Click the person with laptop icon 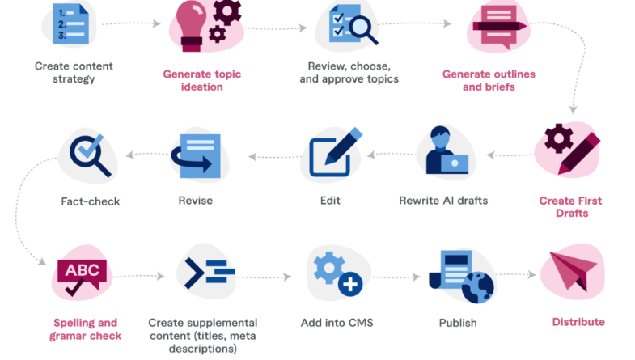point(444,151)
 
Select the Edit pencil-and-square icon point(332,153)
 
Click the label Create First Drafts point(570,206)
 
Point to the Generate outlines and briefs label point(489,80)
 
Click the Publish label point(457,323)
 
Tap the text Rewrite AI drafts point(442,200)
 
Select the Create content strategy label point(74,72)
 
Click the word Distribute point(578,322)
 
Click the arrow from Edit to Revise point(267,155)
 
